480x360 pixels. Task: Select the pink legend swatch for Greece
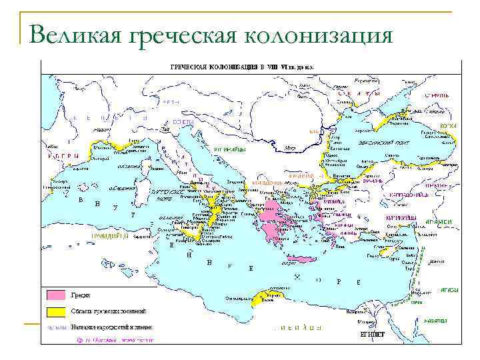tap(55, 295)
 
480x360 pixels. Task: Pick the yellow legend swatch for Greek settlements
tap(55, 311)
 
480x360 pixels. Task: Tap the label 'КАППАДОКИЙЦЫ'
tap(407, 195)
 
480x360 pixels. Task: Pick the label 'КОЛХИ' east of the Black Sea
tap(447, 125)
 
